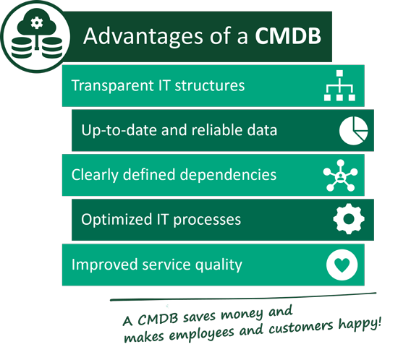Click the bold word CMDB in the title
pos(288,35)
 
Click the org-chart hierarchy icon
pos(339,85)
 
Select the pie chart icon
pos(353,131)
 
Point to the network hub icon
pos(340,175)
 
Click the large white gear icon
pos(349,219)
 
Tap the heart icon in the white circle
pos(342,265)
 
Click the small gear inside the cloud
pos(37,23)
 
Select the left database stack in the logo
pos(22,48)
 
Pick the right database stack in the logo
pos(52,48)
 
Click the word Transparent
pos(111,86)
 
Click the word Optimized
pos(117,220)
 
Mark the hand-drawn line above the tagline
pos(243,297)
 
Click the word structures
pos(210,86)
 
